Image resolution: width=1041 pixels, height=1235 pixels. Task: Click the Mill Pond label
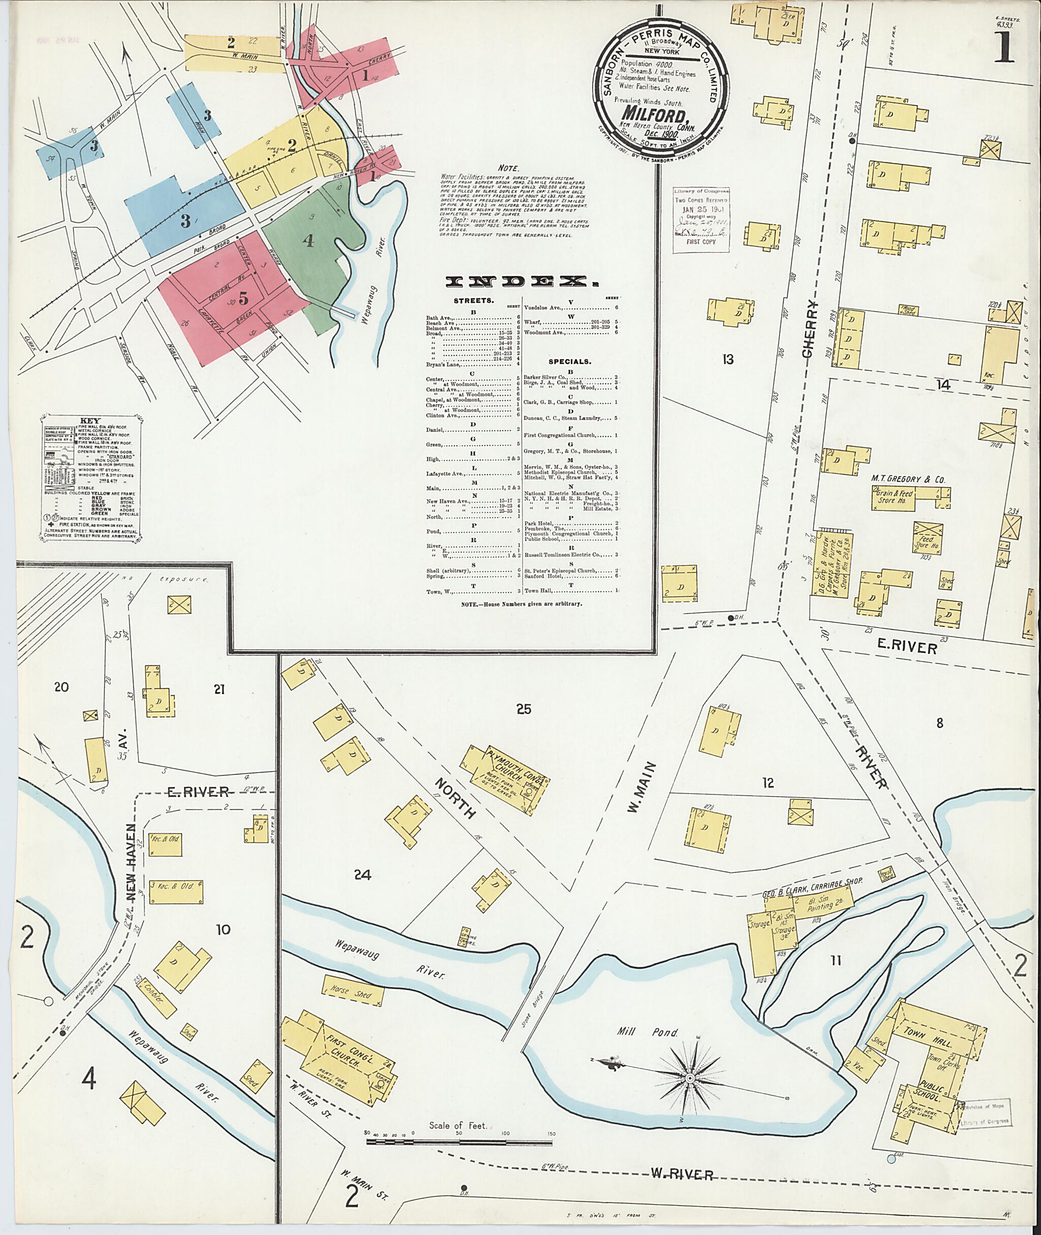point(649,1034)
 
